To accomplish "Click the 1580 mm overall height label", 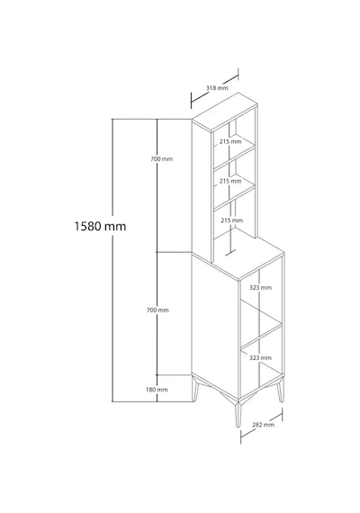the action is [x=100, y=226].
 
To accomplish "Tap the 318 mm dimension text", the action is [x=217, y=87].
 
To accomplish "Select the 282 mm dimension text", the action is [x=263, y=425].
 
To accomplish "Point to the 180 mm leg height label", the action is [x=157, y=390].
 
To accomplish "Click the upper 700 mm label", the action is [x=161, y=159].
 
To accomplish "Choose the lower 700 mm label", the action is [x=157, y=310].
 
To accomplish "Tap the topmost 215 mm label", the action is [x=230, y=141].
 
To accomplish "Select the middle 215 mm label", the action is [x=230, y=181].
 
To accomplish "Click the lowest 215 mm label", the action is [x=231, y=220].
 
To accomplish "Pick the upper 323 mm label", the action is [x=260, y=288].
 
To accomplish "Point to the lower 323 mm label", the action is [x=260, y=358].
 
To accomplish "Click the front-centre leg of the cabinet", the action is [x=238, y=414].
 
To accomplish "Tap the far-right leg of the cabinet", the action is [x=281, y=390].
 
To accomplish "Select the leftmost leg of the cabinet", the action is [x=195, y=390].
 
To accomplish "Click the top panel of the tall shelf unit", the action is [x=224, y=112].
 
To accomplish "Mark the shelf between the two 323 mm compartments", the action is [x=262, y=336].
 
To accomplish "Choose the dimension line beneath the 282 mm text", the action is [x=262, y=426].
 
